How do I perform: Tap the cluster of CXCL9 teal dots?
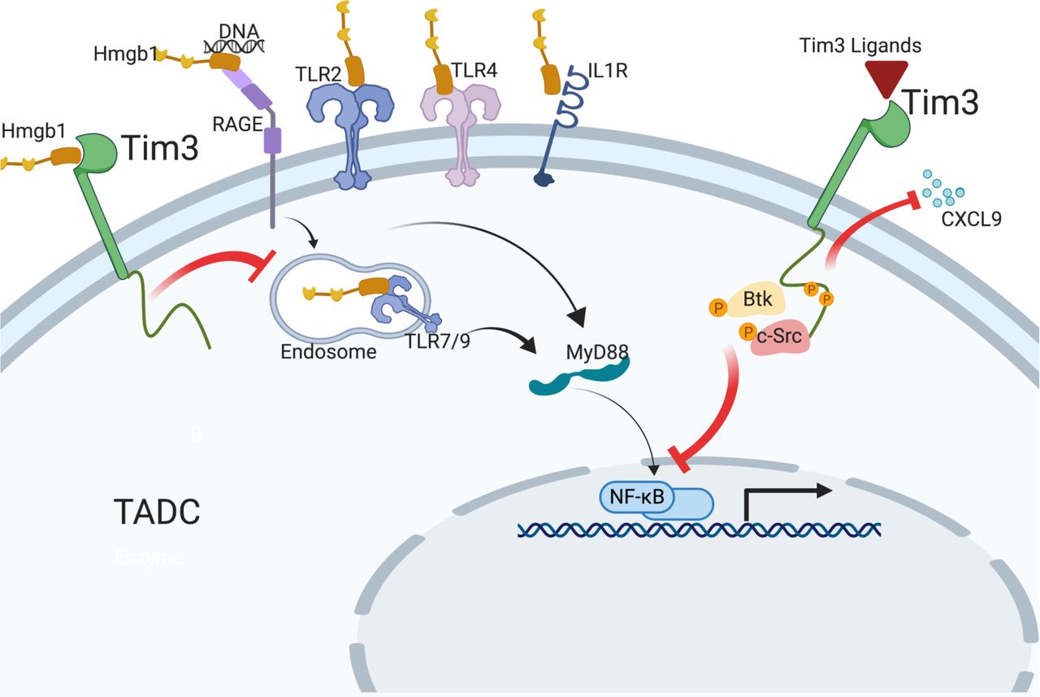pyautogui.click(x=941, y=189)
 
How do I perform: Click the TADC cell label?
pyautogui.click(x=156, y=513)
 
